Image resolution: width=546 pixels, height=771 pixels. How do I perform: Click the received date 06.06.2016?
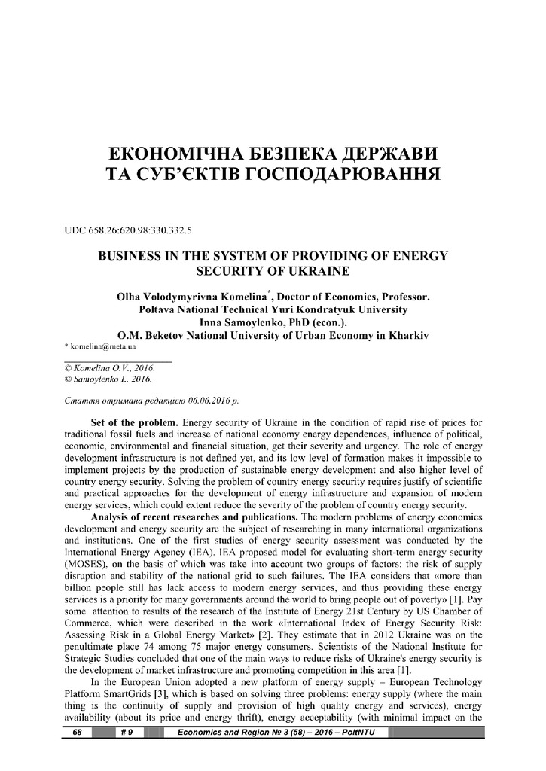coord(209,401)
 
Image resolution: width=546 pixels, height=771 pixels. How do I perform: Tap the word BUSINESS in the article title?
coord(131,256)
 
